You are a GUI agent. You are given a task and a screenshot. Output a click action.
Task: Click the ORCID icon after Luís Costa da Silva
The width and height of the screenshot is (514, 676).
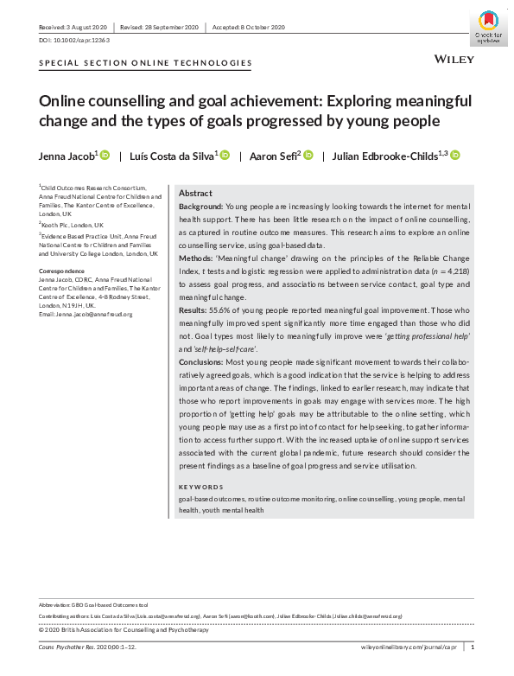click(x=225, y=155)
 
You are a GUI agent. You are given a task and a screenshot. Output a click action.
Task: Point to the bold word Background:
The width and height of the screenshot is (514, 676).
click(x=200, y=207)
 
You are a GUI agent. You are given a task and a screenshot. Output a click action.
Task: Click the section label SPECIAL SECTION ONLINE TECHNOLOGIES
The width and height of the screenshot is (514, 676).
click(x=146, y=63)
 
